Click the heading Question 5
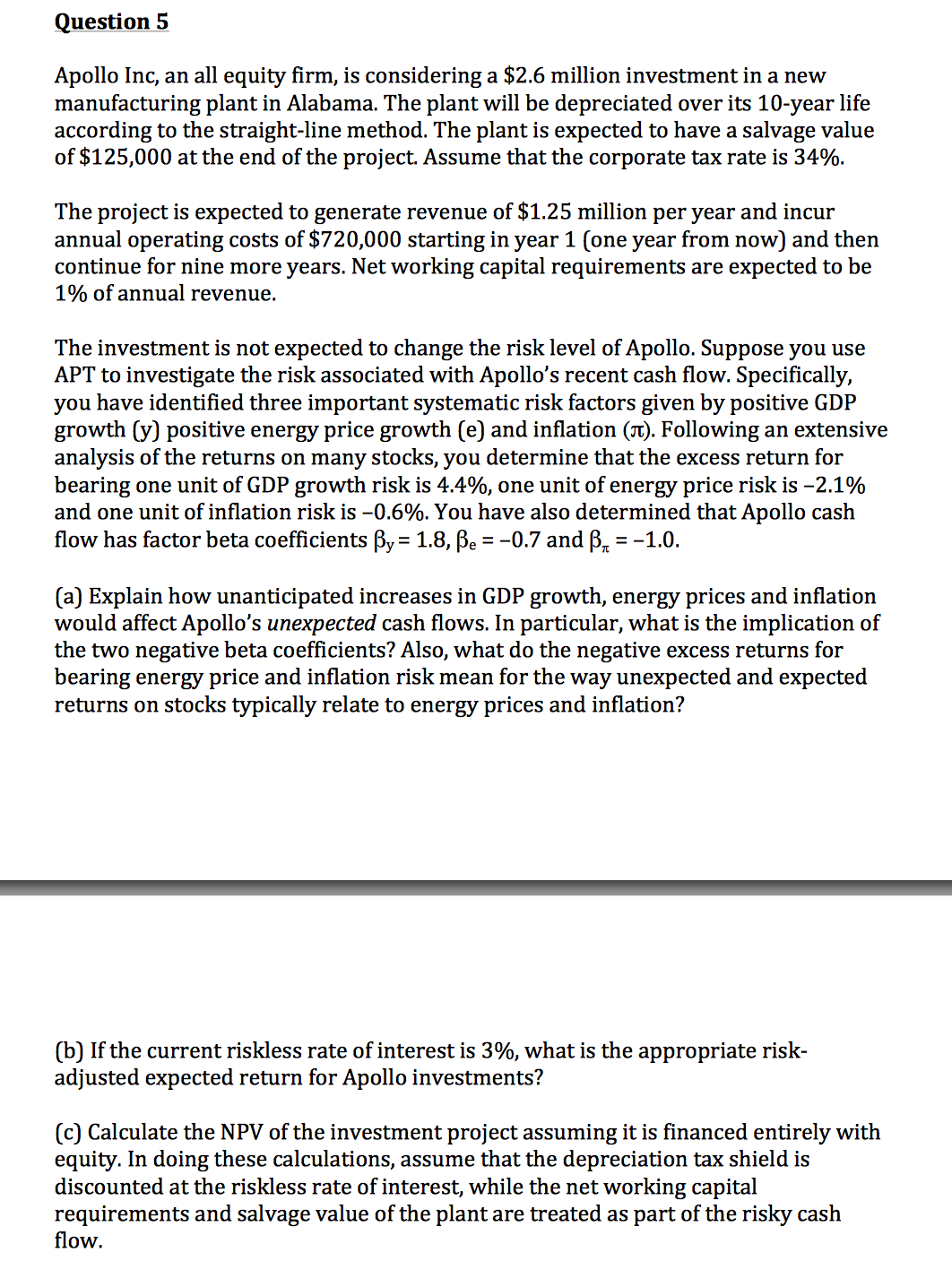[x=111, y=22]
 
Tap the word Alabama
[x=332, y=103]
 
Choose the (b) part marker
[x=69, y=1050]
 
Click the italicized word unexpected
[x=322, y=624]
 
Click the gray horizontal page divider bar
[x=476, y=887]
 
